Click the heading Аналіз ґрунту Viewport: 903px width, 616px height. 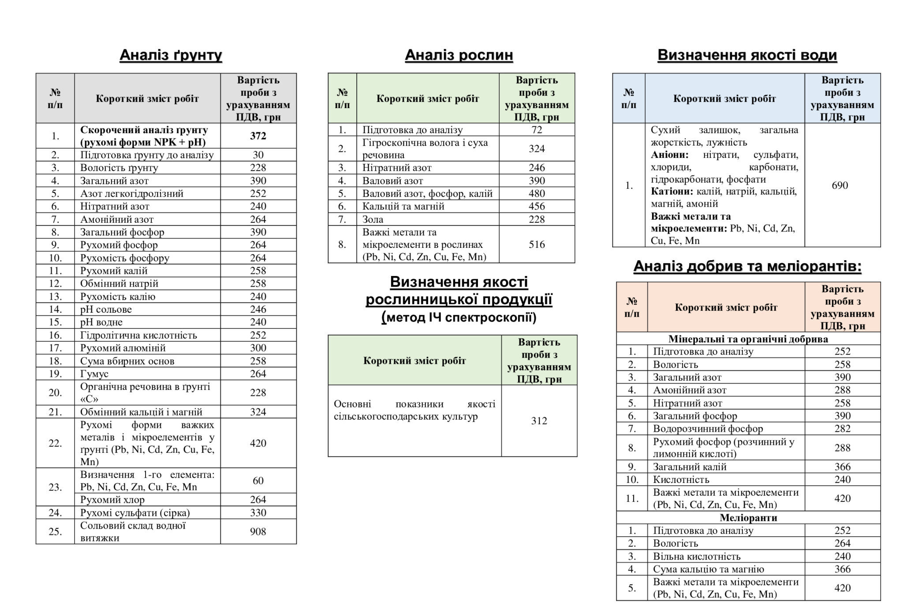[171, 55]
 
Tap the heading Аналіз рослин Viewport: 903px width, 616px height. [459, 55]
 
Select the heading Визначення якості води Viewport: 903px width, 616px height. [747, 55]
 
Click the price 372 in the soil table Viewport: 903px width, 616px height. [258, 136]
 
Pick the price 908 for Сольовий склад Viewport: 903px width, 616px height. [258, 531]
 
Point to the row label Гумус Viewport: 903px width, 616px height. [94, 373]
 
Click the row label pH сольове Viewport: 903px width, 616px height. [106, 309]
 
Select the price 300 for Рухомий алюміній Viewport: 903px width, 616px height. [258, 348]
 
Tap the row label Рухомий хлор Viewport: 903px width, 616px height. [112, 500]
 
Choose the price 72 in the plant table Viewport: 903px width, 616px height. [537, 130]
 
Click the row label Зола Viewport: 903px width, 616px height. [373, 219]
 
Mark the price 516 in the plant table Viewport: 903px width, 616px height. [537, 244]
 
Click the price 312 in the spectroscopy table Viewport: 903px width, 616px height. [539, 421]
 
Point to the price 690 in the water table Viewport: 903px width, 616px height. [840, 185]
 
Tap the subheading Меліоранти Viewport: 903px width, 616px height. [748, 518]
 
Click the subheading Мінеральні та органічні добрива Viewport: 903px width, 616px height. [748, 339]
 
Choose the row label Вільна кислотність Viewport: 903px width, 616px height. [697, 556]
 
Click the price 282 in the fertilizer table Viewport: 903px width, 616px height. [842, 429]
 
